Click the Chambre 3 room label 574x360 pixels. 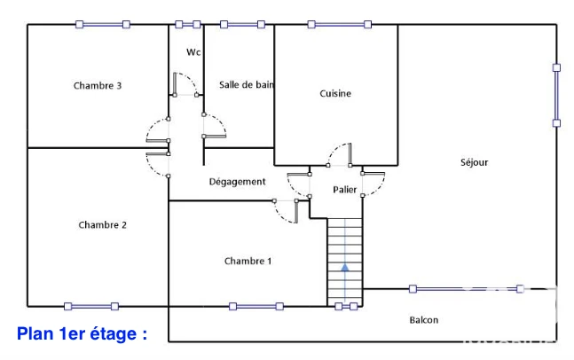tap(98, 86)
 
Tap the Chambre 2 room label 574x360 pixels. tap(103, 224)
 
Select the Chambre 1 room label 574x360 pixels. tap(248, 261)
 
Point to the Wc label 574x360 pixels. tap(193, 52)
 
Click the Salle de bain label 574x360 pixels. tap(247, 85)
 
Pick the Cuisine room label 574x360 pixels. tap(335, 94)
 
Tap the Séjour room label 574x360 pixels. tap(474, 162)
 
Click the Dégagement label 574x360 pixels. tap(237, 182)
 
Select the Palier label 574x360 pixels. tap(344, 190)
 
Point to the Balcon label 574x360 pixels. tap(423, 320)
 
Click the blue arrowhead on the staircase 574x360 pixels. tap(345, 268)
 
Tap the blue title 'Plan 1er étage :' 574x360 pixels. tap(82, 333)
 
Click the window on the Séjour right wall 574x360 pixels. tap(556, 96)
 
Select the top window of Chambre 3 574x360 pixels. tap(103, 25)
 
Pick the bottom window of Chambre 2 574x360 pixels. tap(91, 306)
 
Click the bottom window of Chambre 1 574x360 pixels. tap(256, 306)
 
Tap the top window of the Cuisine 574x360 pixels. tap(340, 25)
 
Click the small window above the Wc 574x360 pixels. tap(188, 25)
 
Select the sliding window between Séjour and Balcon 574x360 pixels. tap(467, 289)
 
